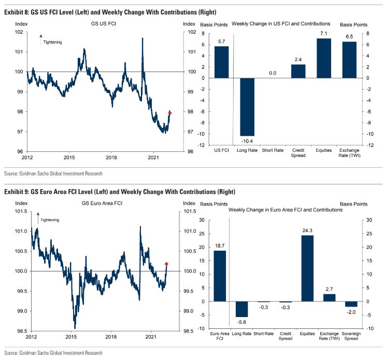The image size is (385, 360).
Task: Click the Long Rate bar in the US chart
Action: coord(247,107)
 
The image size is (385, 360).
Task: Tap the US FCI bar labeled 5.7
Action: coord(221,62)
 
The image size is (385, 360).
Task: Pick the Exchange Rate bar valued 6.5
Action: coord(349,60)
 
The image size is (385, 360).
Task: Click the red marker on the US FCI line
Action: coord(170,112)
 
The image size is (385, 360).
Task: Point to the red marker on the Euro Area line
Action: coord(166,264)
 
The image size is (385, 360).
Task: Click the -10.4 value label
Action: coord(247,141)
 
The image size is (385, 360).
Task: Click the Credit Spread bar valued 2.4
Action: coord(298,71)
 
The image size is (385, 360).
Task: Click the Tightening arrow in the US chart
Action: coord(40,37)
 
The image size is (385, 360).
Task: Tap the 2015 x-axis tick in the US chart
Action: coord(69,156)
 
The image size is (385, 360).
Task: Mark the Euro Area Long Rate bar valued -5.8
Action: coord(241,309)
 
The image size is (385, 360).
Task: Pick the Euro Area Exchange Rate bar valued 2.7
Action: coord(329,298)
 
